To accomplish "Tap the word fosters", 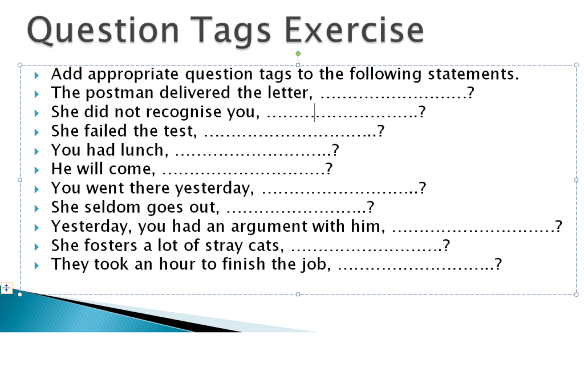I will click(x=111, y=246).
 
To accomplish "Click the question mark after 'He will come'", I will click(x=329, y=169).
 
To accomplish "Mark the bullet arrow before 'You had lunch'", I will click(x=37, y=151).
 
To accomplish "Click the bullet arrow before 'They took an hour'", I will click(x=37, y=265).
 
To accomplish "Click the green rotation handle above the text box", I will click(x=298, y=54).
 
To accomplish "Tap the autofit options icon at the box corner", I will click(x=6, y=288).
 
